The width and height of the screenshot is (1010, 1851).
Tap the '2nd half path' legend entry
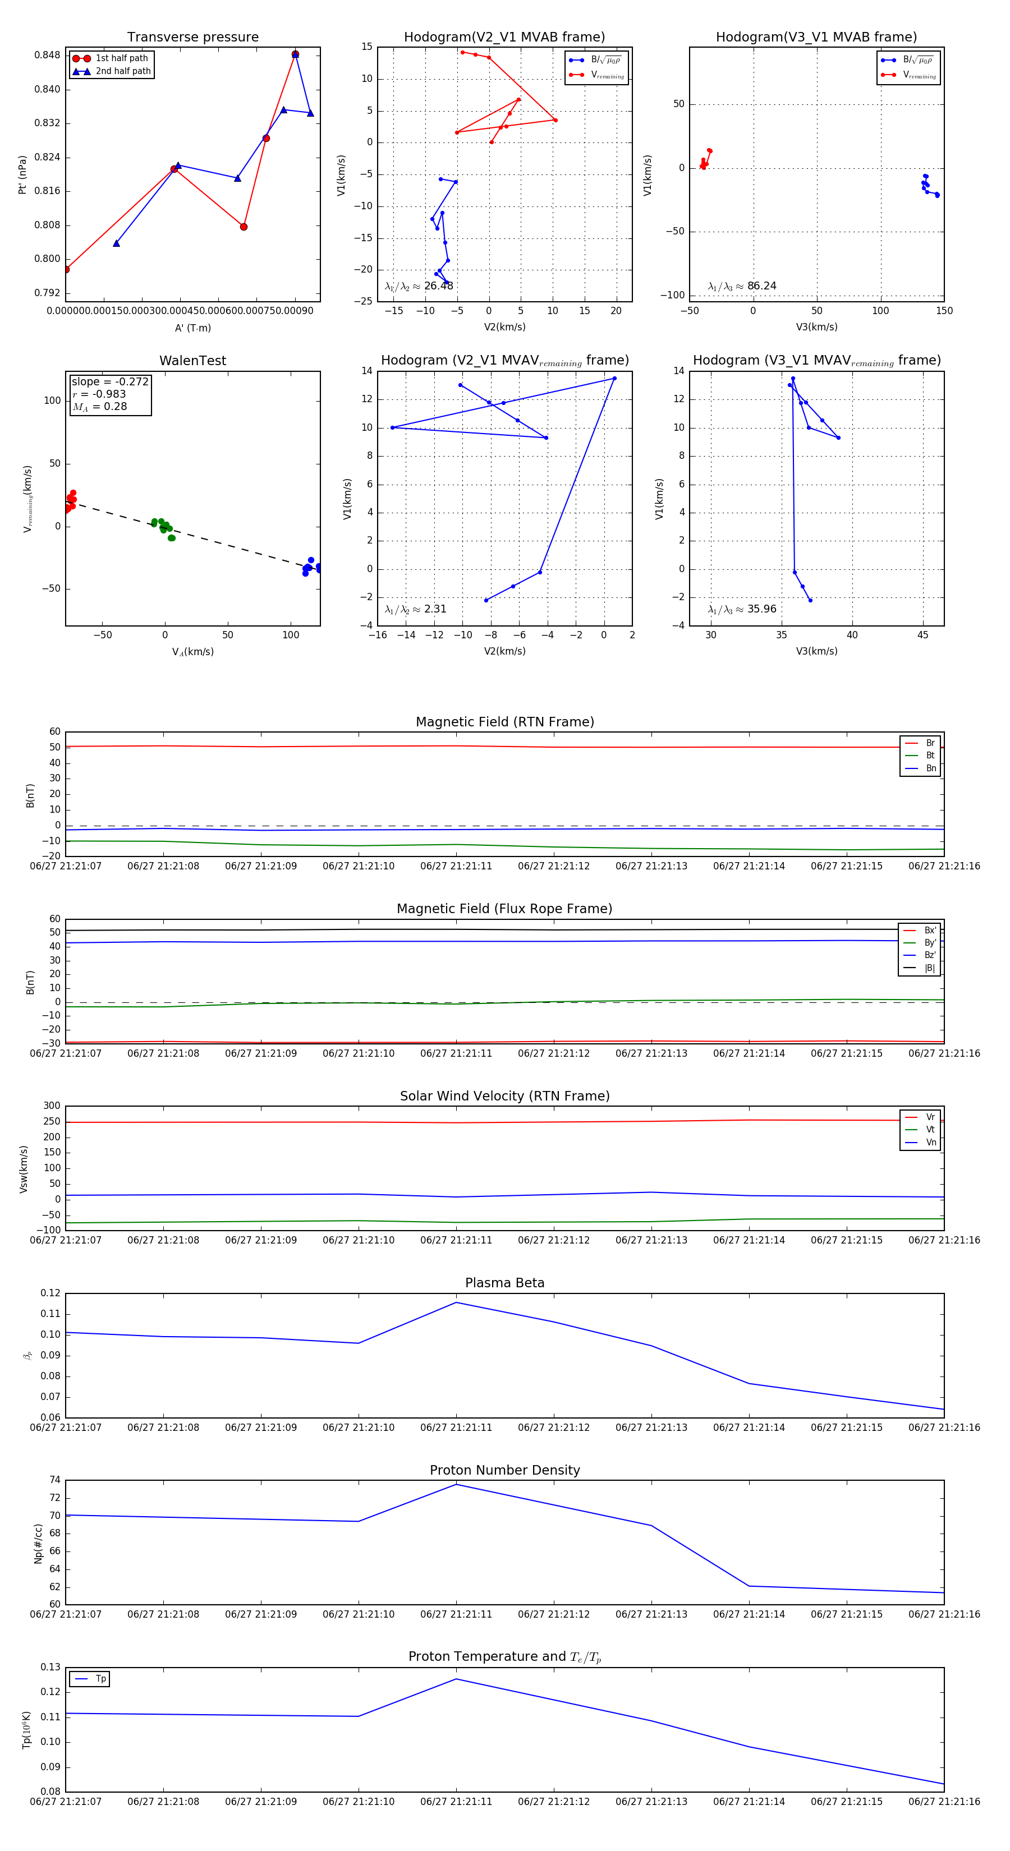pyautogui.click(x=123, y=71)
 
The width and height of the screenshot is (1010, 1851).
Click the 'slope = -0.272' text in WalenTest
pyautogui.click(x=110, y=381)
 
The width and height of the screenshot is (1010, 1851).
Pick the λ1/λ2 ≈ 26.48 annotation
pyautogui.click(x=419, y=286)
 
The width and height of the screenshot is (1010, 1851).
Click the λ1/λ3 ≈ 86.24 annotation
pyautogui.click(x=742, y=286)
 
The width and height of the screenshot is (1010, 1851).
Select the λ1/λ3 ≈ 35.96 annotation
pyautogui.click(x=742, y=609)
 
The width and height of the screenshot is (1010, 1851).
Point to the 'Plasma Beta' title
pyautogui.click(x=504, y=1283)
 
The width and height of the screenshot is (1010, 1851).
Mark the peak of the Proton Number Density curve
pyautogui.click(x=456, y=1485)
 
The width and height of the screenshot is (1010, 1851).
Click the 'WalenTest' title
pyautogui.click(x=192, y=361)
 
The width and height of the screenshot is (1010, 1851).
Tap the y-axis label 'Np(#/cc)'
pyautogui.click(x=38, y=1544)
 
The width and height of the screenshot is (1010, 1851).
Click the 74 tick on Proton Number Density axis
pyautogui.click(x=54, y=1480)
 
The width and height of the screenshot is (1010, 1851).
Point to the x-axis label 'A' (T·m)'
pyautogui.click(x=192, y=328)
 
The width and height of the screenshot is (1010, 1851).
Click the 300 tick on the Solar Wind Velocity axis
pyautogui.click(x=52, y=1106)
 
